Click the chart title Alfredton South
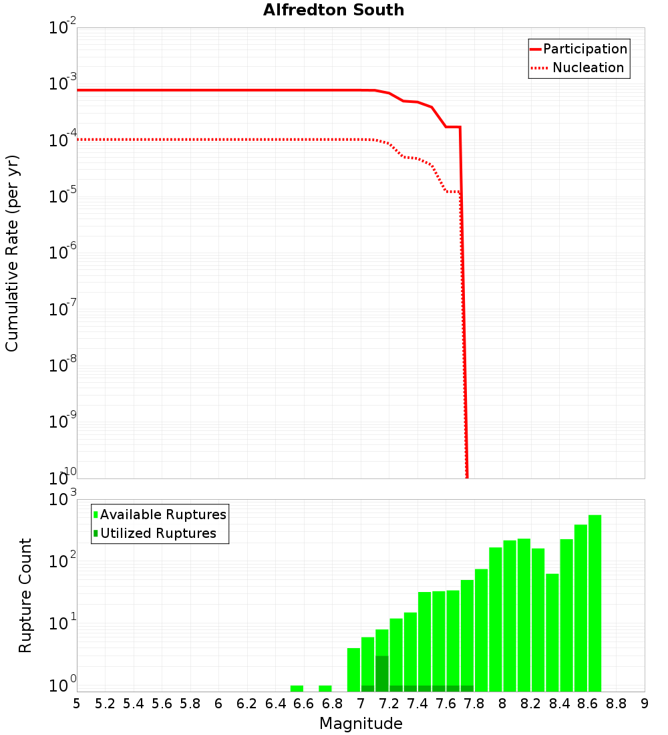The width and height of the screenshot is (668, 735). point(333,10)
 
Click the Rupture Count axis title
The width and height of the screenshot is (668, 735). point(25,595)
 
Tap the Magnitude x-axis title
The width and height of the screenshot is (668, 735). point(361,724)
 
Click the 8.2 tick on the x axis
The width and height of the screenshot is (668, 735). point(531,704)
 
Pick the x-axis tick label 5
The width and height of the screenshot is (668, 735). point(77,704)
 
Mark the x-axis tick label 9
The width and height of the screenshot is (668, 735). point(645,704)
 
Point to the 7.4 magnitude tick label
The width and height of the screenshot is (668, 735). point(417,704)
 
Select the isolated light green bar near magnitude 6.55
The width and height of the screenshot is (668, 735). point(297,688)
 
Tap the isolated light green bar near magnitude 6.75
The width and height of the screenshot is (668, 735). point(325,688)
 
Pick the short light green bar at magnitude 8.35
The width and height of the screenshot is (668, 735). point(552,632)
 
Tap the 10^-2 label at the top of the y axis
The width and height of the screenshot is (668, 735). point(62,28)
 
